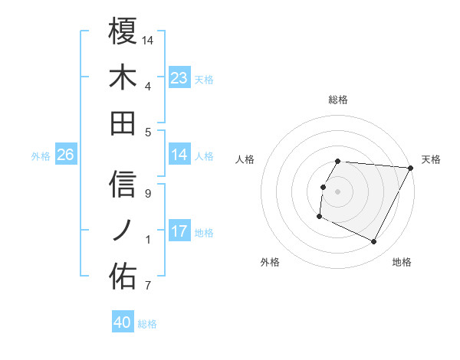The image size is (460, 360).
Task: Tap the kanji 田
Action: [123, 123]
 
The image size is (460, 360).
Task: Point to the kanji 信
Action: [123, 184]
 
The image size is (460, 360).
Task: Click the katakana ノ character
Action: [123, 230]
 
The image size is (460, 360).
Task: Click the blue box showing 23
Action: [179, 77]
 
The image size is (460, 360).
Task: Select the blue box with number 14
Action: [179, 155]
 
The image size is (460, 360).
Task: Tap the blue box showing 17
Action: [179, 231]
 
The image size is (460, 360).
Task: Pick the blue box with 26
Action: [66, 155]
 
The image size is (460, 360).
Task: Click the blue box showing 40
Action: [123, 322]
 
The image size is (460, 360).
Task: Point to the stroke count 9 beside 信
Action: [148, 194]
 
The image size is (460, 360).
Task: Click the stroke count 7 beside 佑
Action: [148, 286]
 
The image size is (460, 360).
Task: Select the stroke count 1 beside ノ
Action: [148, 240]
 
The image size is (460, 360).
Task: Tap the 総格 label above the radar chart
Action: [338, 100]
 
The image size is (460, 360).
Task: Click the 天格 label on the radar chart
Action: [431, 159]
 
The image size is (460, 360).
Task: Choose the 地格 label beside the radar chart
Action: [402, 262]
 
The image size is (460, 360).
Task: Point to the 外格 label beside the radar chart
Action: [270, 262]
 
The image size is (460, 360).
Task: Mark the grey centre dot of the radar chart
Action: [338, 191]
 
